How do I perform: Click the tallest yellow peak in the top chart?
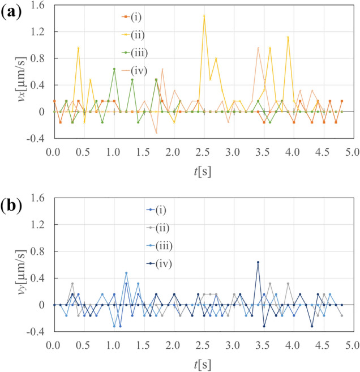(x=204, y=15)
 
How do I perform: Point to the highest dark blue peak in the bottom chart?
(x=258, y=262)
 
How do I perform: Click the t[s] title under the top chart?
(x=203, y=170)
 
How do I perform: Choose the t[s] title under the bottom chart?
(x=203, y=363)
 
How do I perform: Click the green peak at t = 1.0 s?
(x=114, y=69)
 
